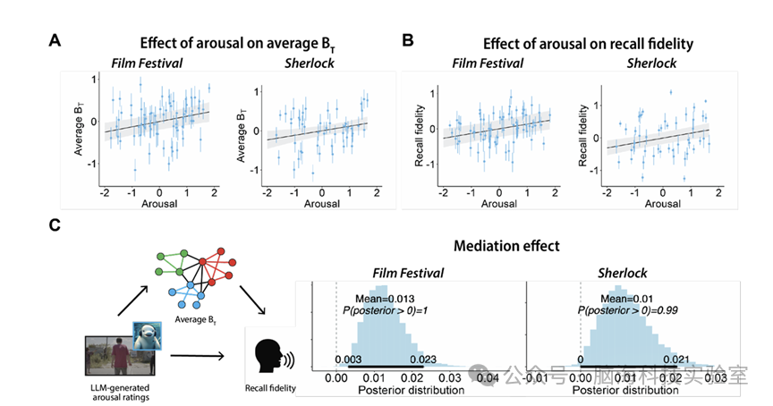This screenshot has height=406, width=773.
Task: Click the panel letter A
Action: [x=55, y=40]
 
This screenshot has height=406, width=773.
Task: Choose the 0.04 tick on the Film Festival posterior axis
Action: [x=488, y=377]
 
